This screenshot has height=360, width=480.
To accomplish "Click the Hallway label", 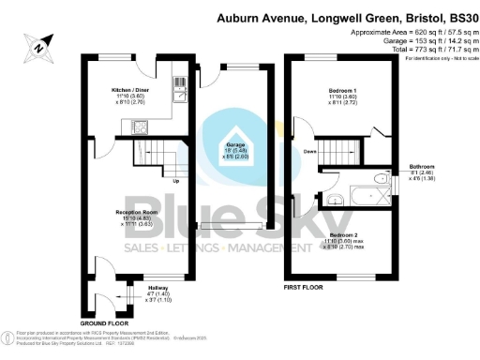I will tap(136, 292).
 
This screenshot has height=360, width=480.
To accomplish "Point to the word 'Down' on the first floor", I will tap(310, 152).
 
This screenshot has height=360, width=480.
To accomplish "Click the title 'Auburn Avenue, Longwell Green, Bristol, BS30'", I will tap(343, 18).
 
